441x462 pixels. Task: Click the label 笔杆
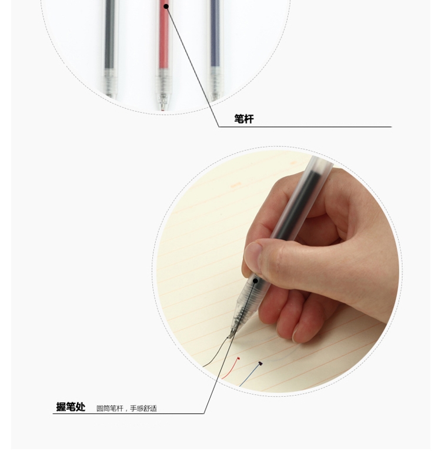pyautogui.click(x=244, y=119)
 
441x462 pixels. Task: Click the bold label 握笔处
pyautogui.click(x=71, y=407)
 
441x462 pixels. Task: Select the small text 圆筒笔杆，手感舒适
pyautogui.click(x=126, y=408)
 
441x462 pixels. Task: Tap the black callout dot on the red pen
pyautogui.click(x=166, y=6)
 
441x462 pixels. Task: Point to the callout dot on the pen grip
pyautogui.click(x=256, y=280)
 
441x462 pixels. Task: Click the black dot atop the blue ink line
pyautogui.click(x=260, y=363)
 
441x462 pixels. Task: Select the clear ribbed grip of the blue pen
pyautogui.click(x=215, y=82)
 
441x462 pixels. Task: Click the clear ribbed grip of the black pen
pyautogui.click(x=110, y=82)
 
